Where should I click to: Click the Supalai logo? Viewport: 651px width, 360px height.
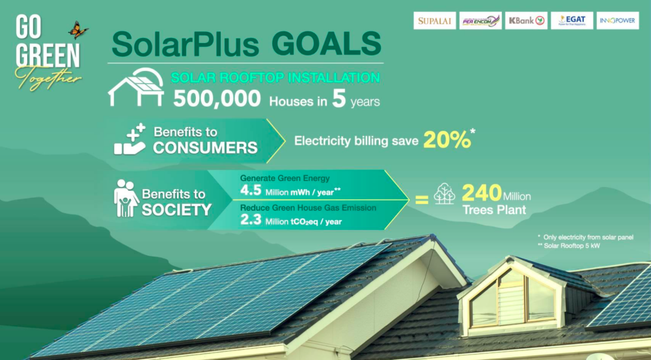[x=435, y=20]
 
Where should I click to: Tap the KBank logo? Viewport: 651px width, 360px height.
[x=527, y=20]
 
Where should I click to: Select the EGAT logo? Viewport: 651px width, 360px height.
[x=572, y=20]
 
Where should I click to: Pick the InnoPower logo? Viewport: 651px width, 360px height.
[x=618, y=20]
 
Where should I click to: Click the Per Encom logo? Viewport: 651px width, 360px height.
[x=481, y=20]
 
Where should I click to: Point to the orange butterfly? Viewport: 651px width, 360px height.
[x=78, y=30]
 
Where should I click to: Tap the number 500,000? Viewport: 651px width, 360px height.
[x=217, y=99]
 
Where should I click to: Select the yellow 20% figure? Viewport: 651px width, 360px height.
[x=448, y=141]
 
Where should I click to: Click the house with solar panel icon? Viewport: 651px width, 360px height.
[x=136, y=87]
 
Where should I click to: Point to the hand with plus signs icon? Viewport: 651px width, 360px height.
[x=130, y=139]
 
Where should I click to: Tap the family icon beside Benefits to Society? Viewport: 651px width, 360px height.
[x=126, y=198]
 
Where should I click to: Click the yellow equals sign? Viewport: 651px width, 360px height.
[x=421, y=200]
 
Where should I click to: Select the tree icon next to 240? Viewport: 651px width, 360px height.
[x=444, y=193]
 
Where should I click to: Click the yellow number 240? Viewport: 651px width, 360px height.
[x=482, y=193]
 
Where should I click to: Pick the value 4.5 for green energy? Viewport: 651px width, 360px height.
[x=251, y=191]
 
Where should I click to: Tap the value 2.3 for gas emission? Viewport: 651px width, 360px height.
[x=251, y=219]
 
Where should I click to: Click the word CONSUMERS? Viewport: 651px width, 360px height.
[x=205, y=148]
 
